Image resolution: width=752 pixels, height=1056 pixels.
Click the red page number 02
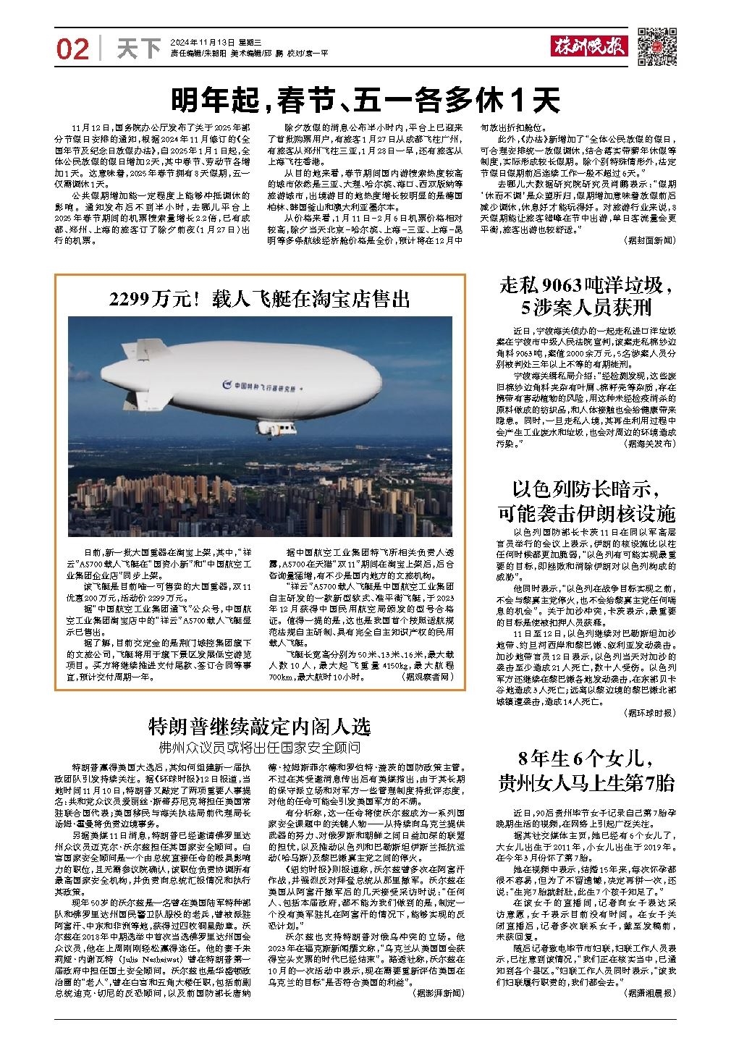coord(73,48)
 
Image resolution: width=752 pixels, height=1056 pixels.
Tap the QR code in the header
coord(656,48)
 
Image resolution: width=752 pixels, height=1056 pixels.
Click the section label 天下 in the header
coord(138,48)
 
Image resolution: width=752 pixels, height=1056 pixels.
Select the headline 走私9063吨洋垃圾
coord(587,287)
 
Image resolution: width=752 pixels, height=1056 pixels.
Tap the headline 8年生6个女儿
coord(587,759)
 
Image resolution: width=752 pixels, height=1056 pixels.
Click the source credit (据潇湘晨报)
coord(648,994)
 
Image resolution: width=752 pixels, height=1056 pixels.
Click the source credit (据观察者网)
coord(428,657)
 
